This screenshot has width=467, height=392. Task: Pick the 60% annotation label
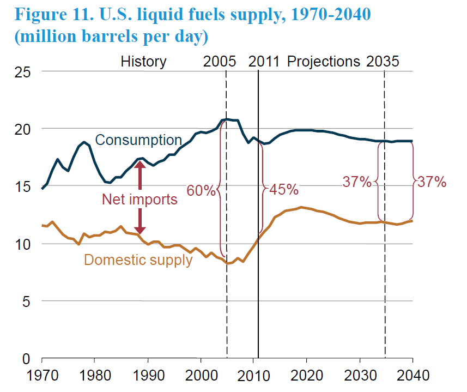point(201,190)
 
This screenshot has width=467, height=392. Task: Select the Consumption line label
point(138,140)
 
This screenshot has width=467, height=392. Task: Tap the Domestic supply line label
point(138,260)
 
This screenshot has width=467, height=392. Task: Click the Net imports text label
point(140,200)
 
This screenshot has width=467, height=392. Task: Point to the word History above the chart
point(143,62)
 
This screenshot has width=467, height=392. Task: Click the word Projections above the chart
point(323,62)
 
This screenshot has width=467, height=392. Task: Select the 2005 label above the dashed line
point(220,62)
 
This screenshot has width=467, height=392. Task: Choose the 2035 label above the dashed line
point(383,62)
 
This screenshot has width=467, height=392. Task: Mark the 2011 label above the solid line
point(264,62)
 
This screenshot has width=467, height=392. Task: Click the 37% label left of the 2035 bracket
point(357,182)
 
